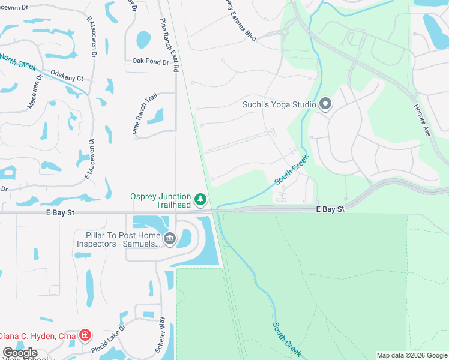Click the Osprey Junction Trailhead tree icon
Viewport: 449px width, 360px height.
[200, 199]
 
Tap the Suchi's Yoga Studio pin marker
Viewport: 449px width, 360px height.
[325, 104]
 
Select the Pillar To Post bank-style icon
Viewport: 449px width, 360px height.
[170, 239]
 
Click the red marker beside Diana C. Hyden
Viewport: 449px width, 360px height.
[85, 335]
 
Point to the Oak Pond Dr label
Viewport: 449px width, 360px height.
[151, 61]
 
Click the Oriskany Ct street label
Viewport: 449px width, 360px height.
[67, 79]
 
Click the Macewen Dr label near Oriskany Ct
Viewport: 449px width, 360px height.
[34, 92]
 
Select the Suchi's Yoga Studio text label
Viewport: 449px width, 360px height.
[279, 104]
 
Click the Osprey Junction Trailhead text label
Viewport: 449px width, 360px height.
[161, 200]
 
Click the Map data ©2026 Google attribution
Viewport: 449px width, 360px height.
[412, 355]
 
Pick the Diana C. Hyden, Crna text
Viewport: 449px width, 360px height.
[38, 335]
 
